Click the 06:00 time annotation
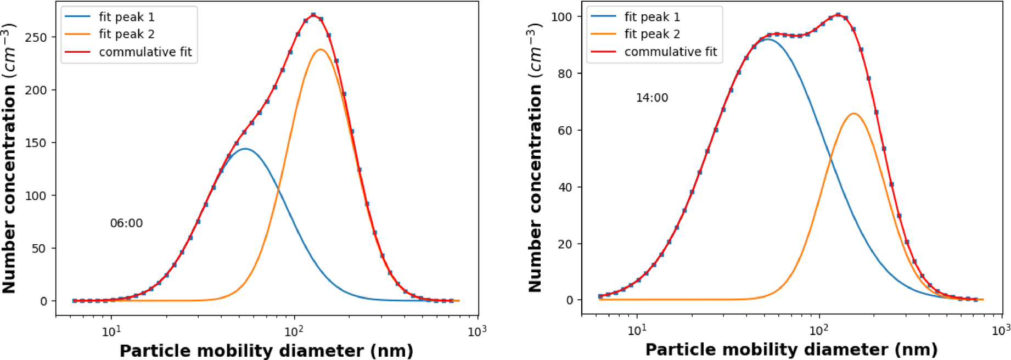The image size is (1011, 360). pyautogui.click(x=126, y=223)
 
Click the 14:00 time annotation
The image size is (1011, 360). pyautogui.click(x=651, y=98)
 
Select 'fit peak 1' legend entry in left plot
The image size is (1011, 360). pyautogui.click(x=126, y=17)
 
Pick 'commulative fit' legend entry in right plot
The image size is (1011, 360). pyautogui.click(x=670, y=52)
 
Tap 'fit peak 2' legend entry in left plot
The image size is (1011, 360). pyautogui.click(x=126, y=34)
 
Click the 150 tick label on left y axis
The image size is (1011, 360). pyautogui.click(x=36, y=143)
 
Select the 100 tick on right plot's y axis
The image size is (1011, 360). pyautogui.click(x=561, y=17)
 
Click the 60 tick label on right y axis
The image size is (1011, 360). pyautogui.click(x=565, y=131)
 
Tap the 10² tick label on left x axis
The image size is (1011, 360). pyautogui.click(x=294, y=331)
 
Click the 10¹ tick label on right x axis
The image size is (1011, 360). pyautogui.click(x=637, y=330)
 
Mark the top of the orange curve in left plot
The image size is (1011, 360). pyautogui.click(x=321, y=49)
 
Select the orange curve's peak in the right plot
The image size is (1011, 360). pyautogui.click(x=854, y=114)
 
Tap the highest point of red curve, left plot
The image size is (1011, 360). pyautogui.click(x=313, y=15)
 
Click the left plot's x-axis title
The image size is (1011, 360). pyautogui.click(x=266, y=351)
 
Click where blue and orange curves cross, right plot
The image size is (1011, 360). pyautogui.click(x=830, y=159)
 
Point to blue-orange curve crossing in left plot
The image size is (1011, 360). pyautogui.click(x=278, y=189)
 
